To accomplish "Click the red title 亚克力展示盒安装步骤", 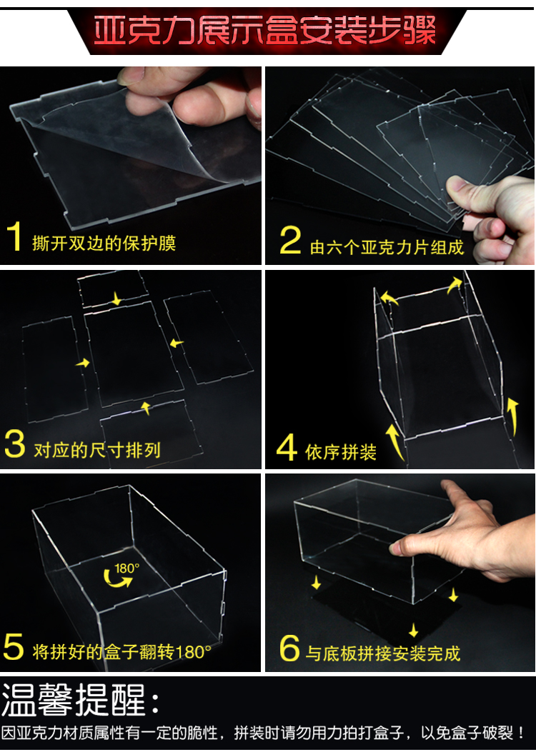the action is [x=264, y=31].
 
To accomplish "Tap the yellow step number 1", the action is [x=14, y=236].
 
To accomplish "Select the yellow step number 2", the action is [x=290, y=240].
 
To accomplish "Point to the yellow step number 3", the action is [x=14, y=444].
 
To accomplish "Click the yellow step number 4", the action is [x=287, y=448].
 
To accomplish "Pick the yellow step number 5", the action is [x=14, y=646].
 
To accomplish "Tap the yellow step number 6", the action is [x=290, y=648].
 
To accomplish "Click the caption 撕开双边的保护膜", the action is [x=104, y=243].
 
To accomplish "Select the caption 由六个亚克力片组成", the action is [x=387, y=247].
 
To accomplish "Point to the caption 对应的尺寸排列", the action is [x=97, y=451].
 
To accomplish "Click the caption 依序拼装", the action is [x=341, y=452].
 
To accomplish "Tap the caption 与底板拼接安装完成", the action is [x=383, y=653].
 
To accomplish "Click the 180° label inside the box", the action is [x=127, y=568].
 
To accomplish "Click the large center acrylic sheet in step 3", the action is [x=134, y=354].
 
